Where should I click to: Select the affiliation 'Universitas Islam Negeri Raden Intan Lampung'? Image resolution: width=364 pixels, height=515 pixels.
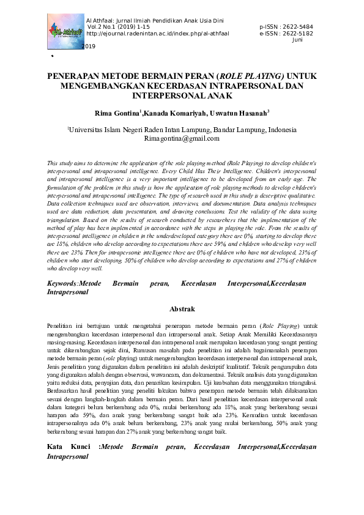coord(140,130)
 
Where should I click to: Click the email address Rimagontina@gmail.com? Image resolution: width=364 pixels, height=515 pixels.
coord(182,139)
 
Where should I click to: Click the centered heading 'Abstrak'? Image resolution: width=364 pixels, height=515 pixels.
coord(182,309)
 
